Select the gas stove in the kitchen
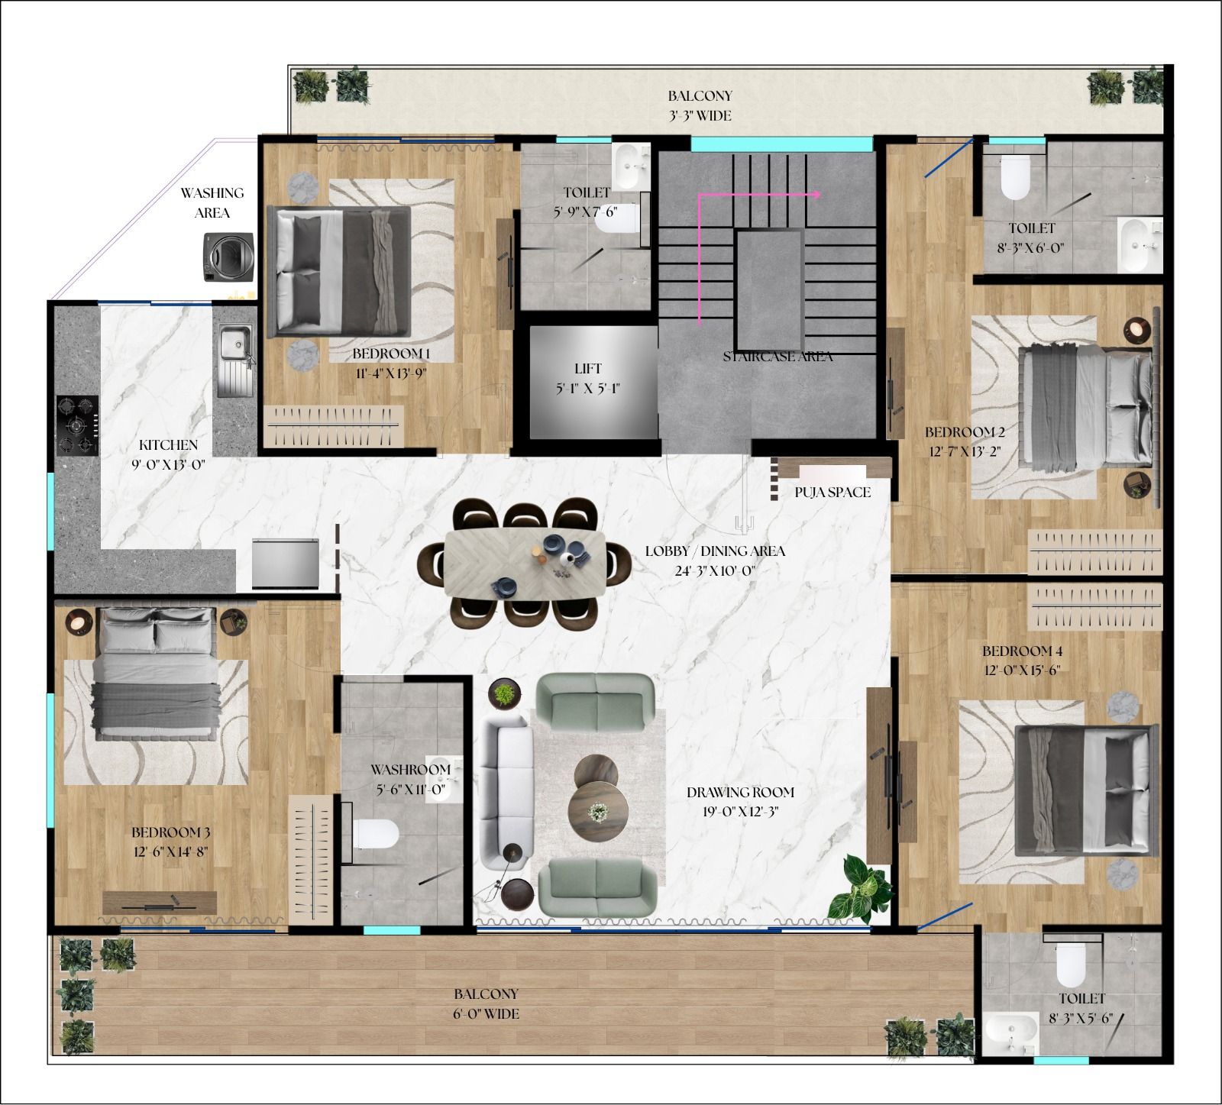(x=78, y=425)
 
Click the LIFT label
(x=588, y=369)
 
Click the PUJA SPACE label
(x=832, y=493)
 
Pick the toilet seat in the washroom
(x=376, y=834)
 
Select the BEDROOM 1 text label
(x=391, y=354)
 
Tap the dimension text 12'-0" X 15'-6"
(x=1022, y=670)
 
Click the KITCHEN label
(x=168, y=445)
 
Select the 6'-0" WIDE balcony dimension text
(x=486, y=1014)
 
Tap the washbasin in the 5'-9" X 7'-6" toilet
(x=631, y=167)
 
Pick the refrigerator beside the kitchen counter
(x=285, y=564)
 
